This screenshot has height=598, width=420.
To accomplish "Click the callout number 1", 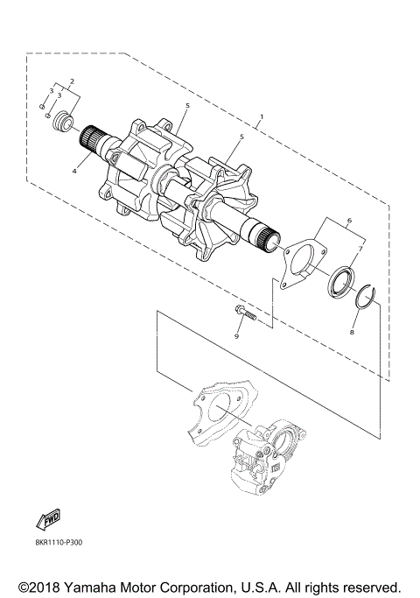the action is click(262, 116).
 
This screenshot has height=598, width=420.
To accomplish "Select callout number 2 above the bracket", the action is click(72, 81).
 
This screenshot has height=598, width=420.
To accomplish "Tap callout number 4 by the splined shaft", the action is click(74, 172).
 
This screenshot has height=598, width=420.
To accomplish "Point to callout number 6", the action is click(349, 220).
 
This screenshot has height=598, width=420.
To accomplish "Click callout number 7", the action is click(361, 249).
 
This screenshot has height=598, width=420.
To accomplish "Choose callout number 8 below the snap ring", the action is click(352, 332).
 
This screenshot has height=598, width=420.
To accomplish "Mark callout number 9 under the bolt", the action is click(236, 336).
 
